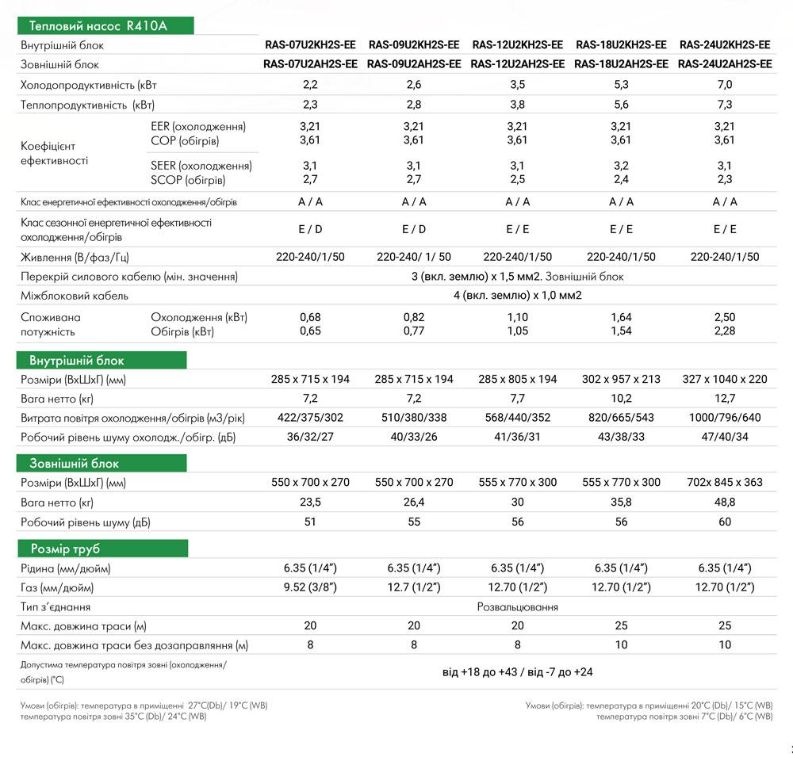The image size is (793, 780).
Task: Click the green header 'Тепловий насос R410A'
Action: [x=104, y=26]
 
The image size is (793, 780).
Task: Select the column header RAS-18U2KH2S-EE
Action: [x=621, y=45]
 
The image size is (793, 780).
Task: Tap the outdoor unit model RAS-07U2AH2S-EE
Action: [x=310, y=64]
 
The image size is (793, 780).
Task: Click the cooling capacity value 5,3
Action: [x=621, y=85]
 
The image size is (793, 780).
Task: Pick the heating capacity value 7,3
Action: [x=725, y=105]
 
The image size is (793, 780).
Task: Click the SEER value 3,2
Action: [x=621, y=166]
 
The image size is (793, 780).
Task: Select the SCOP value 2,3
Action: [x=725, y=180]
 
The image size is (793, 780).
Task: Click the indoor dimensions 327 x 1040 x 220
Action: [x=725, y=379]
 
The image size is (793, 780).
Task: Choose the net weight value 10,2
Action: [x=621, y=399]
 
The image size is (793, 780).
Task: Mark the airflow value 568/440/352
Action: [x=517, y=418]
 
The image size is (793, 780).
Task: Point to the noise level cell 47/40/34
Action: [x=725, y=437]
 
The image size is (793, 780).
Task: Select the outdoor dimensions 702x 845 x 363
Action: [x=725, y=482]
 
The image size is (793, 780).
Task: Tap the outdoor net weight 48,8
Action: [x=725, y=502]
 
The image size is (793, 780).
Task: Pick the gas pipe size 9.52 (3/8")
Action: [x=310, y=587]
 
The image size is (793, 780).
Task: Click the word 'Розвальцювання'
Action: [x=517, y=607]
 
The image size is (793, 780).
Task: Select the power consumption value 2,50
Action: [x=725, y=317]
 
